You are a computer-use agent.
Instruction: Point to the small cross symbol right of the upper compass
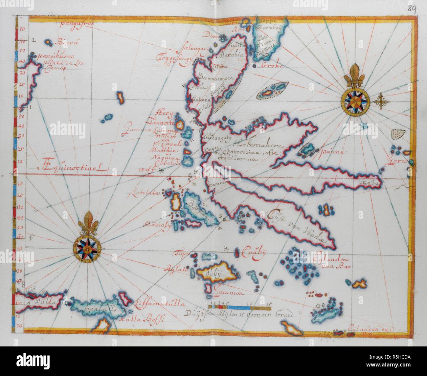(381, 101)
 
